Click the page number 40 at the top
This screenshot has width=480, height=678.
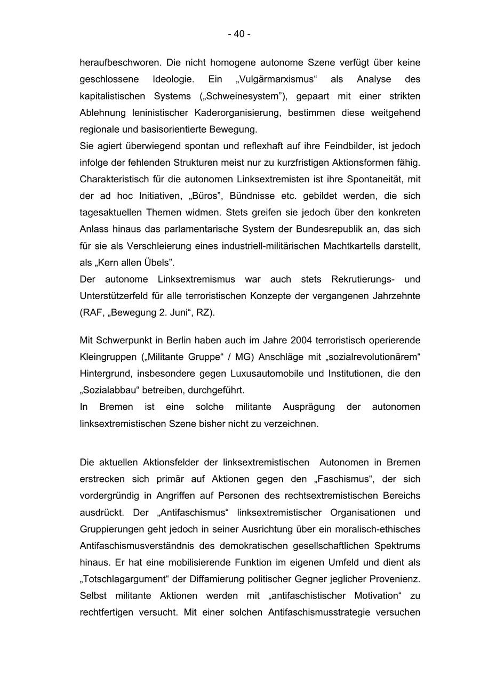tap(239, 34)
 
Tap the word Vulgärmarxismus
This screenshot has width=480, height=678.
tap(276, 79)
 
